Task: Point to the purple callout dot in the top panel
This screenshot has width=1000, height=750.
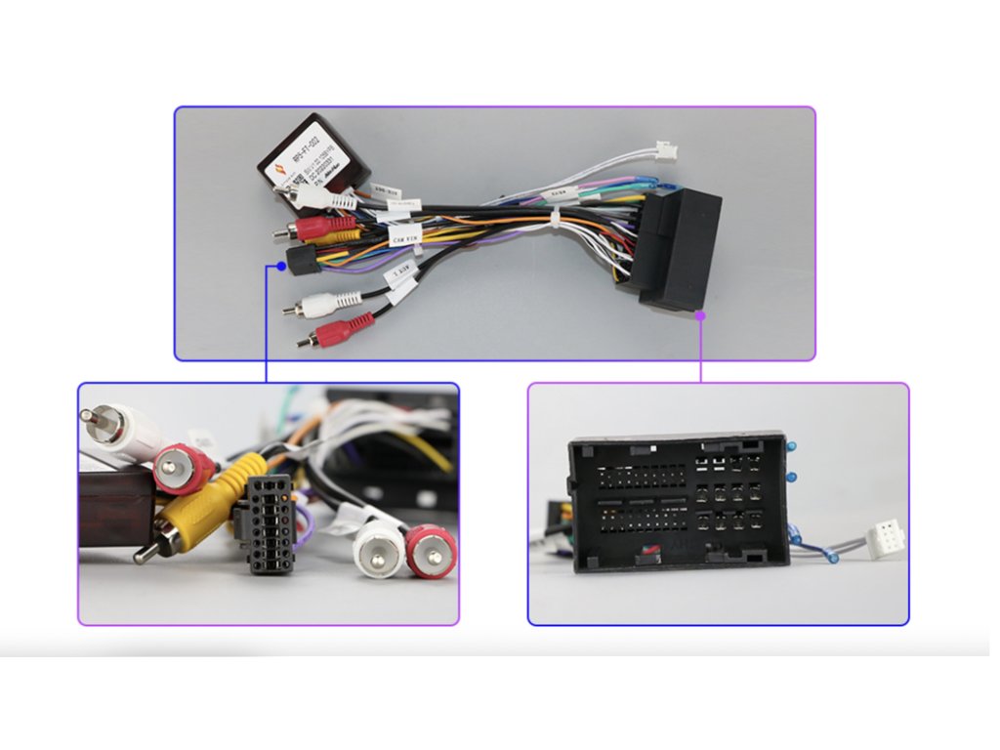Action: pos(700,315)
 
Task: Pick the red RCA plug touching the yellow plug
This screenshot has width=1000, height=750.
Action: pos(184,469)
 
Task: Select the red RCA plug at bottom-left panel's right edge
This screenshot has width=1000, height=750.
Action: pos(431,552)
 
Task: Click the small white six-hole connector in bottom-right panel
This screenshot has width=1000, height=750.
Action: pos(885,539)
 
